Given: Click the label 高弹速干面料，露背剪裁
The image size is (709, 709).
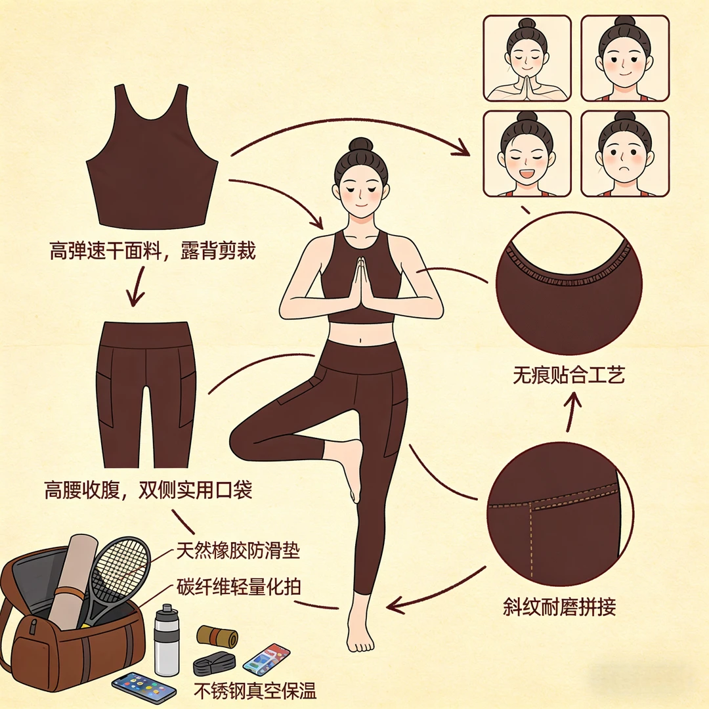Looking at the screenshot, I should pos(152,251).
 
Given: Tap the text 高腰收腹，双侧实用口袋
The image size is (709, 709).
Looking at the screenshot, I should pos(148,490).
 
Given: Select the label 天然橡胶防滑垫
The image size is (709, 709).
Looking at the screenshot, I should pos(238,551).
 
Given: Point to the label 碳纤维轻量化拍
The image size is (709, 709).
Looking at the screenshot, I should pos(238,586).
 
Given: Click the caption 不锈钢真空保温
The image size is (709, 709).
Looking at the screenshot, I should pos(255,691).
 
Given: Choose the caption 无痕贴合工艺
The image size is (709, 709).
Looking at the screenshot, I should pos(569,375).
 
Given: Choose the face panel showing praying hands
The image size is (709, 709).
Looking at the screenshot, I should pos(526,58).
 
